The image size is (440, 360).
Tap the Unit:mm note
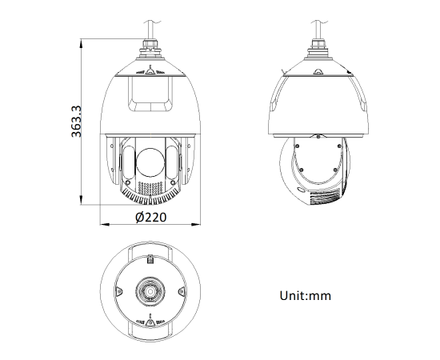click(304, 295)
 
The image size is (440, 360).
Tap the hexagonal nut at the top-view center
click(149, 292)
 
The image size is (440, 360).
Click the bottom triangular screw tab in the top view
click(149, 323)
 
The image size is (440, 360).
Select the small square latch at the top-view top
click(149, 258)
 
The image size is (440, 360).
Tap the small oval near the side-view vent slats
click(301, 190)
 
